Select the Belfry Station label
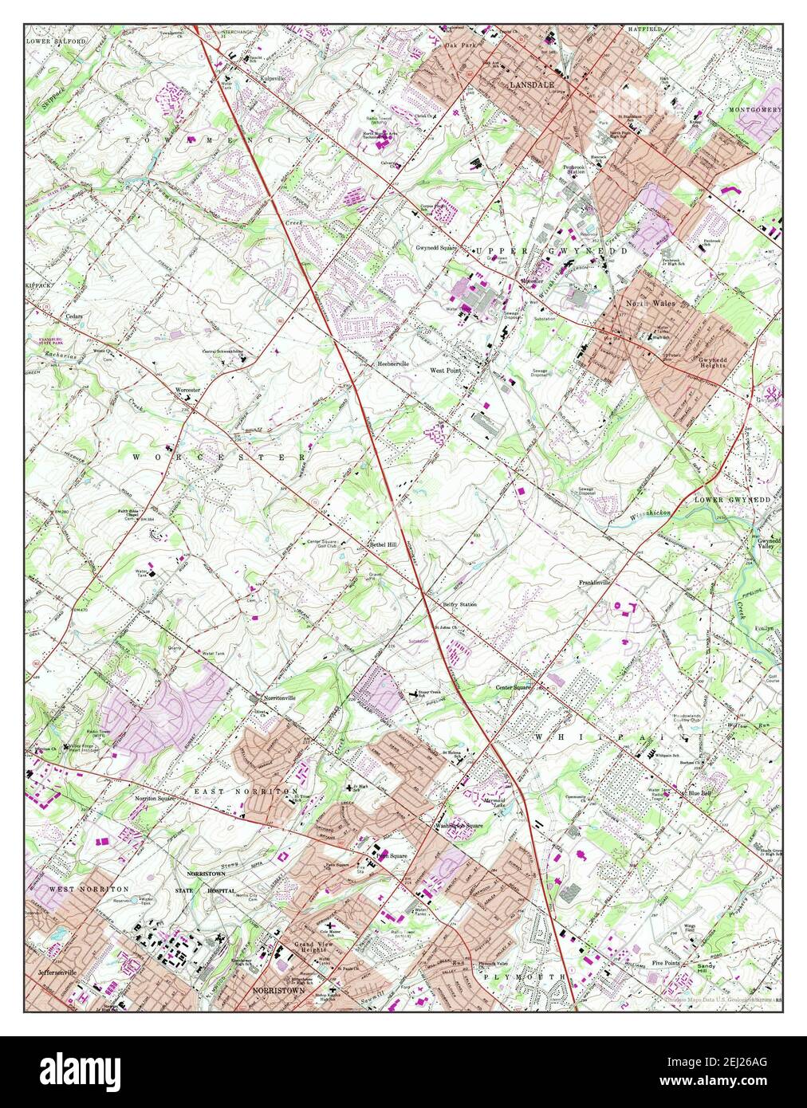coord(459,605)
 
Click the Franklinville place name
coord(594,583)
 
